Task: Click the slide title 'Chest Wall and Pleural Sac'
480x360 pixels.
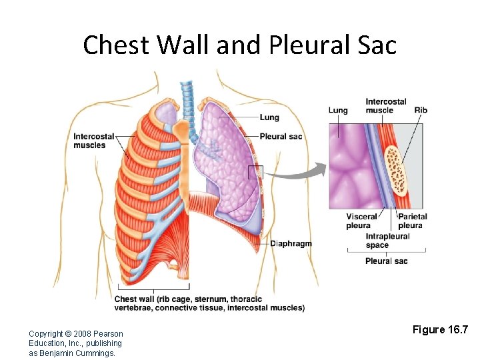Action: [239, 45]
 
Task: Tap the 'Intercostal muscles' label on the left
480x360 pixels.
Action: [90, 141]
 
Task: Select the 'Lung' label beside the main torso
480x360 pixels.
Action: [269, 117]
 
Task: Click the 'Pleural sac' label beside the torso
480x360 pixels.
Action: [281, 137]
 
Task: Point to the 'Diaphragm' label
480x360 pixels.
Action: [291, 243]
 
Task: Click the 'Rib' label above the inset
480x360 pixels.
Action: [421, 110]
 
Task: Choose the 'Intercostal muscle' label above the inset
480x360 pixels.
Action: [385, 105]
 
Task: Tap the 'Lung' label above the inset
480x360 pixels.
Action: [338, 110]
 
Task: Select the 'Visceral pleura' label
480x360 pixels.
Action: [361, 221]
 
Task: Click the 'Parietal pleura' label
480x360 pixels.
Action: [412, 221]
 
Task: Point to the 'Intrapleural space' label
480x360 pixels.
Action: [387, 241]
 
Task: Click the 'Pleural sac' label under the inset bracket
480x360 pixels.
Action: [386, 261]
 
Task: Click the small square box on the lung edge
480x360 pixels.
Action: [256, 172]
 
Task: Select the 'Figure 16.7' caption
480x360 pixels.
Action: [441, 329]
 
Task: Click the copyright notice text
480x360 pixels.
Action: [75, 343]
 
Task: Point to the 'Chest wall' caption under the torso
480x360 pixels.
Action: [209, 303]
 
